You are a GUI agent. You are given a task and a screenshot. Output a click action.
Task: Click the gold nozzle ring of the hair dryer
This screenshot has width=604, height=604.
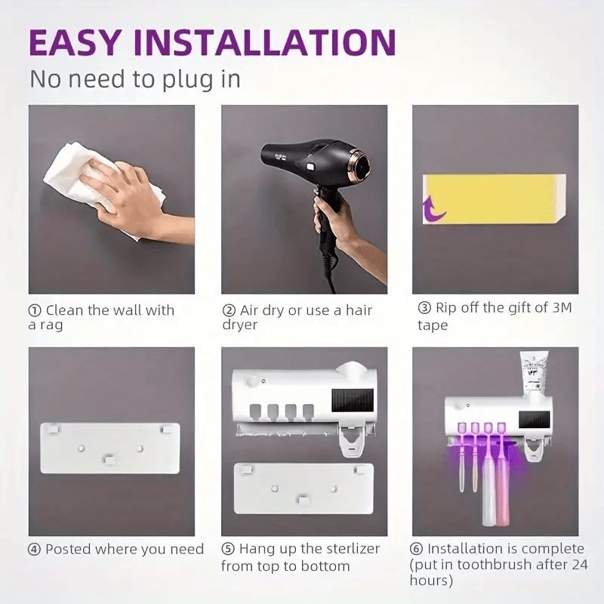pos(359,162)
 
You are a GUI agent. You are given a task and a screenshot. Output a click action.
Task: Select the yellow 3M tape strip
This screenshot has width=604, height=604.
pos(491,198)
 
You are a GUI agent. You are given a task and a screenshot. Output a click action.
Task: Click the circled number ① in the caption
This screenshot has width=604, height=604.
pos(35,310)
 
